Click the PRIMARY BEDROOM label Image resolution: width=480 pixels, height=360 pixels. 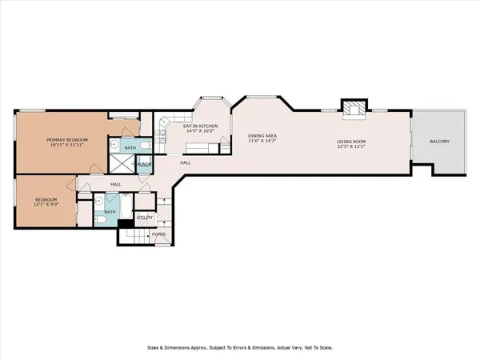(x=66, y=140)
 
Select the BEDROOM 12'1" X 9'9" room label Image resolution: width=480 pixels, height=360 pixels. (x=44, y=201)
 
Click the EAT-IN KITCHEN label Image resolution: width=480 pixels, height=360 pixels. (x=201, y=126)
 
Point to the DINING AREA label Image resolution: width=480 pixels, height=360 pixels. (x=262, y=137)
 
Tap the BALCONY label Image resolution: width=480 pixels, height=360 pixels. (x=439, y=142)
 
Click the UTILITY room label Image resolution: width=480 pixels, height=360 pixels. (x=145, y=217)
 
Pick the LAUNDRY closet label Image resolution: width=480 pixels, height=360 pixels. (x=145, y=163)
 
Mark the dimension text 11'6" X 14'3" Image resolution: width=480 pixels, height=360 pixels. (x=262, y=143)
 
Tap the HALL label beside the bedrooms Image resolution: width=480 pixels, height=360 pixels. (x=115, y=184)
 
